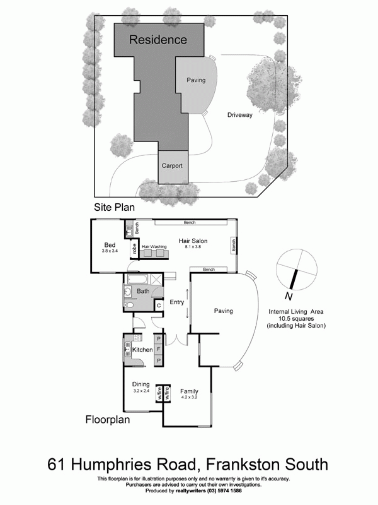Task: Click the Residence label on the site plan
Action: coord(158,40)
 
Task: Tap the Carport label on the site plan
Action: coord(172,166)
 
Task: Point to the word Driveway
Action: coord(239,115)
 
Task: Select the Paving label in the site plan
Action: coord(196,80)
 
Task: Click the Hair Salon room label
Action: coord(193,241)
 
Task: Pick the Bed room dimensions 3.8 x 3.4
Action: coord(110,251)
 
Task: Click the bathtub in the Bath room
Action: coord(142,278)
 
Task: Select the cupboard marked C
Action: coord(159,306)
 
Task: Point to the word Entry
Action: coord(176,302)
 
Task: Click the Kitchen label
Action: coord(142,350)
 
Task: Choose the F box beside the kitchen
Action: coord(159,349)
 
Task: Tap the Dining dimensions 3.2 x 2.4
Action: coord(140,391)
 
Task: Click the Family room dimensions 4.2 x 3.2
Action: coord(189,398)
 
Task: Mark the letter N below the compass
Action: coord(287,296)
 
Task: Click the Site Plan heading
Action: coord(115,207)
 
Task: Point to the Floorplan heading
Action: coord(108,419)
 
